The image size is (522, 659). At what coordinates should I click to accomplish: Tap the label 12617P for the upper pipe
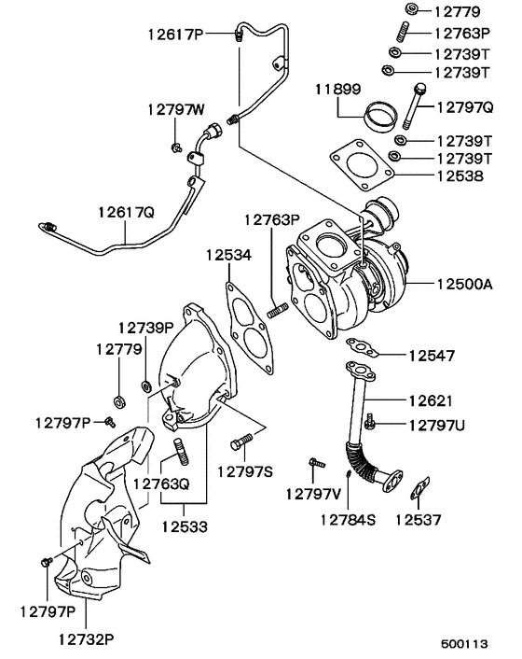pos(176,35)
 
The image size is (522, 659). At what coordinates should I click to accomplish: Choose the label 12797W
pos(174,109)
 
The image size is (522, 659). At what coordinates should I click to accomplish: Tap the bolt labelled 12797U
pos(371,425)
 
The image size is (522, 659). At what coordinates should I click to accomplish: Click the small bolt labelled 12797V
pos(316,462)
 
